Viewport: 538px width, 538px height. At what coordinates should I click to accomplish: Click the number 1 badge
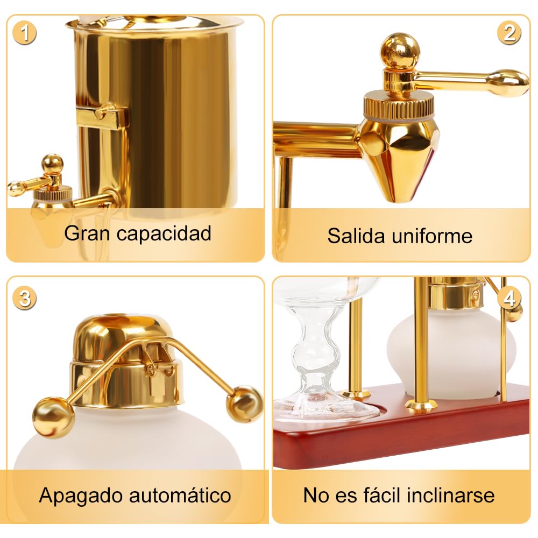pos(24,33)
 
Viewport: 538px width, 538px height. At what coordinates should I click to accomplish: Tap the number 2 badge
pos(509,33)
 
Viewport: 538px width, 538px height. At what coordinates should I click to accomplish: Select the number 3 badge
pos(24,299)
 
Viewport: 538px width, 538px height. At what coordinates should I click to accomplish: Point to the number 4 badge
pos(509,299)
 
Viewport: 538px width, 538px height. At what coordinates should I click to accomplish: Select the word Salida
pos(356,236)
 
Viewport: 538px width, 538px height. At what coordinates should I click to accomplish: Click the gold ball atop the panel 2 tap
pos(400,50)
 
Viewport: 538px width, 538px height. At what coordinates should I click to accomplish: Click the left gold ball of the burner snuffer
pos(53,417)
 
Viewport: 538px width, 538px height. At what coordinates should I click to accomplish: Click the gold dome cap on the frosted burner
pos(121,338)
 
